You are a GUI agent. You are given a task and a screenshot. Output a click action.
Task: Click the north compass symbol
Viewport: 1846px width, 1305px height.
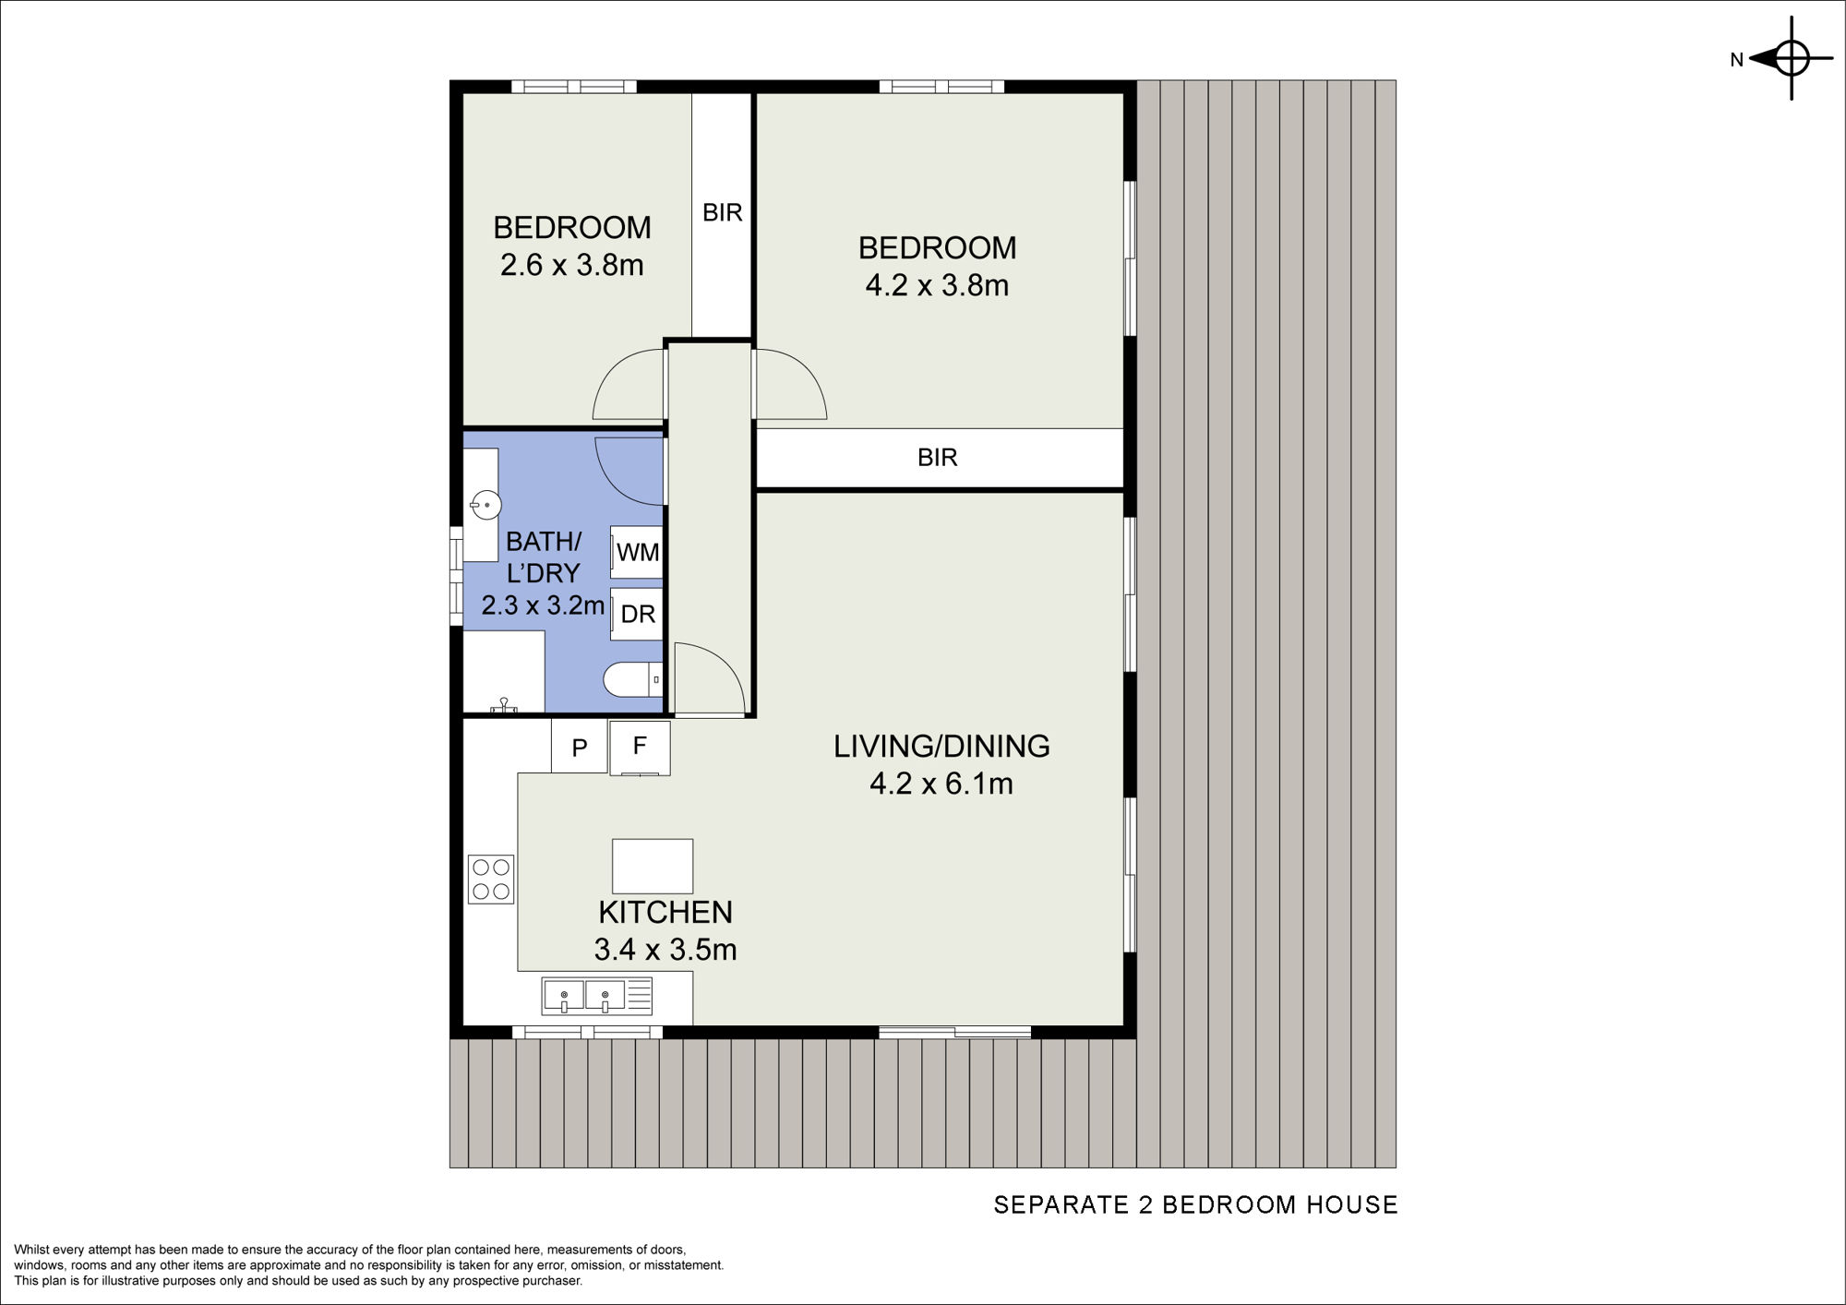pos(1791,58)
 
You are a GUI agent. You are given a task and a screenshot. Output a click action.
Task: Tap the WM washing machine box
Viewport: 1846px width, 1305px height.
pos(637,552)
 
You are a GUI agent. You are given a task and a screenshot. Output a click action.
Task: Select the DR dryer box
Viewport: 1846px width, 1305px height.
pos(637,614)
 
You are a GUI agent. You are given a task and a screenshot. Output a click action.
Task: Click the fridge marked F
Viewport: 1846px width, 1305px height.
pos(640,748)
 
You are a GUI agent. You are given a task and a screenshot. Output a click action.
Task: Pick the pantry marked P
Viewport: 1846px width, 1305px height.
pos(580,747)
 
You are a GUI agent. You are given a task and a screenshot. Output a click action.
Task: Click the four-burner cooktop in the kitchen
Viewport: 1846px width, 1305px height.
pos(491,879)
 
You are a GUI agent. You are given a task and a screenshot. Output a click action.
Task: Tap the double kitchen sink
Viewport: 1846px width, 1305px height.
pos(597,996)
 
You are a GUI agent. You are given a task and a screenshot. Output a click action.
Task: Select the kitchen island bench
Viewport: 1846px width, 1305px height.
pos(653,866)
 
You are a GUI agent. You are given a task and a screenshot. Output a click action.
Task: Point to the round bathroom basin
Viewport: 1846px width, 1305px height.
pos(485,505)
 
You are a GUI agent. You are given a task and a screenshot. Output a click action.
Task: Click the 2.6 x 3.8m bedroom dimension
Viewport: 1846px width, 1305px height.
pos(572,266)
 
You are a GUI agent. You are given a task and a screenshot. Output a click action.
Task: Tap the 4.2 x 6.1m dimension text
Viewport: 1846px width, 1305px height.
pos(941,784)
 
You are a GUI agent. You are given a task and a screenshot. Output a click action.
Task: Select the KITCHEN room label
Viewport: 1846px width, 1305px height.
pos(665,912)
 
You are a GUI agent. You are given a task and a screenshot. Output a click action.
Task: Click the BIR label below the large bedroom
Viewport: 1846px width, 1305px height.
pos(938,458)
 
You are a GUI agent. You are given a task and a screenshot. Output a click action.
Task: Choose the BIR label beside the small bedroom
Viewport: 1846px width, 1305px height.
pos(723,213)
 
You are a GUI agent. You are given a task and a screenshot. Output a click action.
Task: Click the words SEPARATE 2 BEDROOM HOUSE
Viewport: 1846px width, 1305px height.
pos(1195,1205)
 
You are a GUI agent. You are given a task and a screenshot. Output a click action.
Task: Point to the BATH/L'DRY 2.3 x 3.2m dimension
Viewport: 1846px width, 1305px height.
pos(544,606)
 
